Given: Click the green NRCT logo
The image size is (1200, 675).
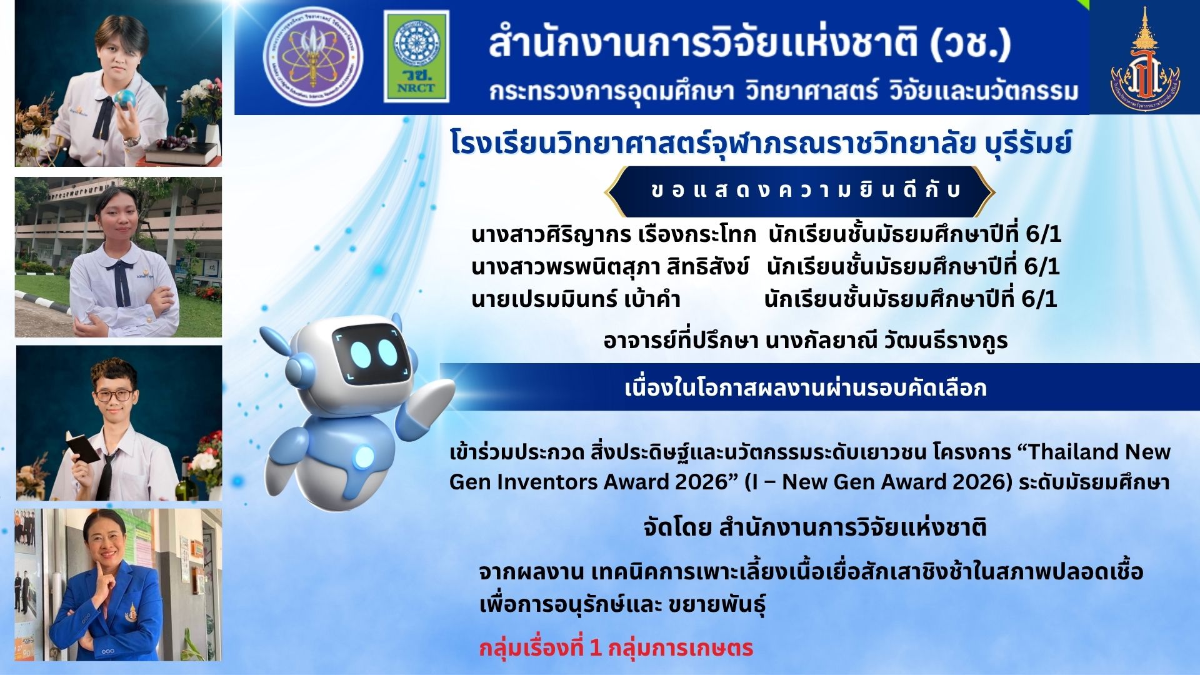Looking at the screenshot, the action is coord(416,56).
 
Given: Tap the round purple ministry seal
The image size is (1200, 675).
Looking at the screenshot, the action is coord(312,56).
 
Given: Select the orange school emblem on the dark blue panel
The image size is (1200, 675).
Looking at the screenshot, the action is coord(1145,59).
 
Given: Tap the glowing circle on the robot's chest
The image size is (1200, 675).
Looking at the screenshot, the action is coord(363,458).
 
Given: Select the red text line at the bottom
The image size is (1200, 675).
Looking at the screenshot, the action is coord(616,647).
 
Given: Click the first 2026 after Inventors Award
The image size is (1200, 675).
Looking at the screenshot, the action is coord(702,482).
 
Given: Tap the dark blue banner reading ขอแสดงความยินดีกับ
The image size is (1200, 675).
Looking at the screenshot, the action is coord(800,191).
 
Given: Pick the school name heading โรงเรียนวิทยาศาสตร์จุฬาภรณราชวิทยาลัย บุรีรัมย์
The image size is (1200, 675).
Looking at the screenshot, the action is coord(761,143).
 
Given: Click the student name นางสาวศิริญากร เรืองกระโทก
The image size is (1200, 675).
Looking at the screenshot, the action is coord(614,234).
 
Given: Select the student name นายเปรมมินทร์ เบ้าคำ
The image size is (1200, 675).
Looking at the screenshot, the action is coord(576,299).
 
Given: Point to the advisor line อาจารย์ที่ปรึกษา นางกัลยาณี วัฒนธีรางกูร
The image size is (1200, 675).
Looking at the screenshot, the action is coord(806,341).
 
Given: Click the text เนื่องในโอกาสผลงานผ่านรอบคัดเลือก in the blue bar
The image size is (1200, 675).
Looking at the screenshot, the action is coord(806,388).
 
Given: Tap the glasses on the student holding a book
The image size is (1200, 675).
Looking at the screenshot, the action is coord(113,395).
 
